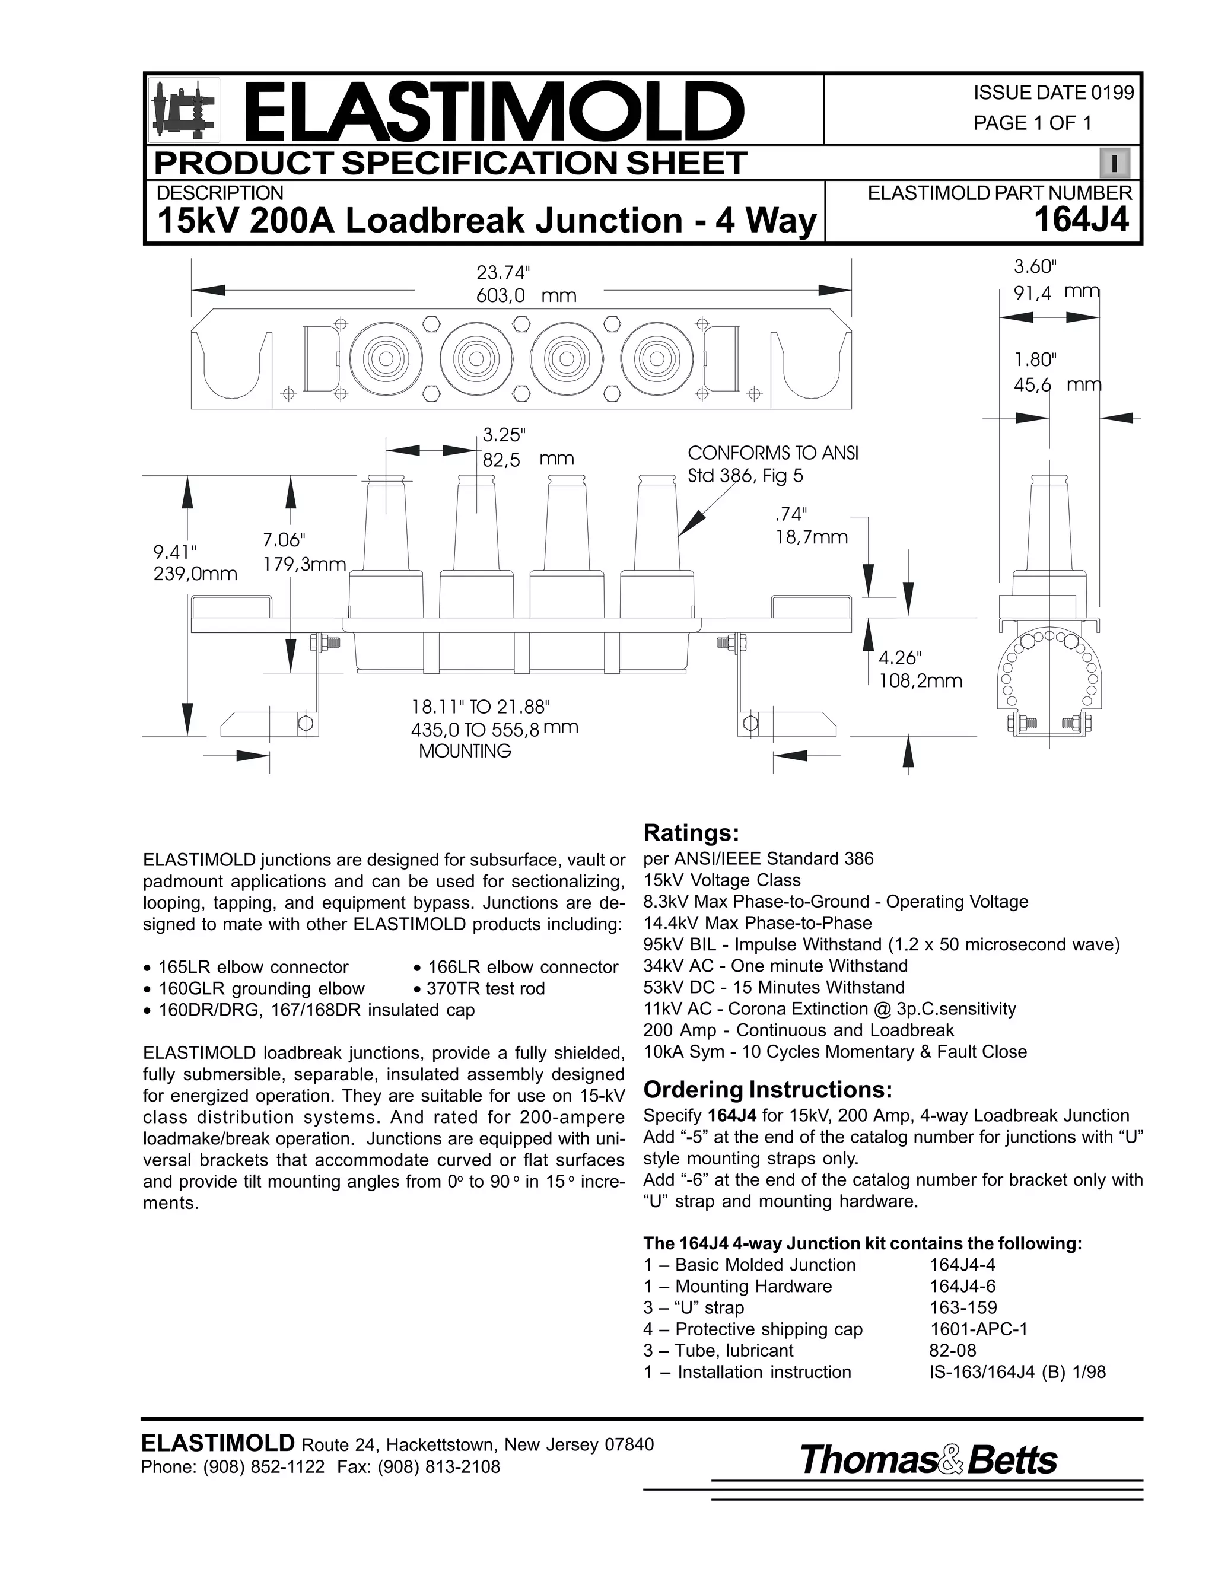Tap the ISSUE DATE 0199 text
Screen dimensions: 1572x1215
[1053, 93]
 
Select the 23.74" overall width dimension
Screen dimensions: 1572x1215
[502, 273]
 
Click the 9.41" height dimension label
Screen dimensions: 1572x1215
[175, 552]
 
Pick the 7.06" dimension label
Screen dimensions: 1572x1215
[285, 540]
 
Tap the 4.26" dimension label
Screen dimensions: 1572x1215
[899, 658]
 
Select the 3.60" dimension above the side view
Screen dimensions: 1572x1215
[1035, 267]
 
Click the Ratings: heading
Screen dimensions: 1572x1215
[691, 833]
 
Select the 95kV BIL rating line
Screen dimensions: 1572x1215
[881, 944]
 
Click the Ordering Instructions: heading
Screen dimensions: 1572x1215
[767, 1090]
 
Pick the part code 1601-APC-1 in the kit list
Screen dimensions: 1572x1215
[978, 1329]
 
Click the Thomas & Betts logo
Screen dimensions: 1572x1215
[928, 1460]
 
